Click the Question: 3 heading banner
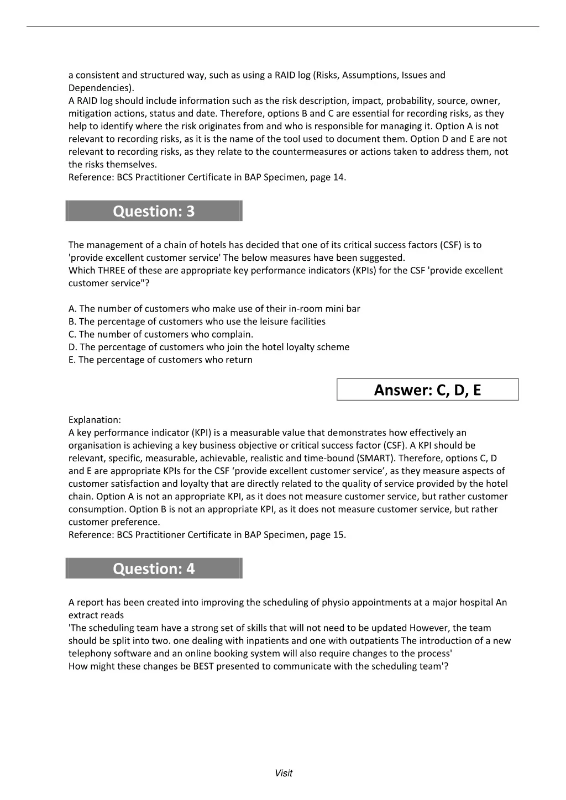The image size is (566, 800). click(154, 211)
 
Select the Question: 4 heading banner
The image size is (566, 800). click(154, 569)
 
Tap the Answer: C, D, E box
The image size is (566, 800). click(427, 390)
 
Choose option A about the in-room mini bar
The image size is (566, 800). click(214, 309)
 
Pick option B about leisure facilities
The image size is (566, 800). click(197, 322)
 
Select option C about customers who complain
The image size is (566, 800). click(161, 334)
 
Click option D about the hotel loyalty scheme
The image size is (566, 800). click(209, 347)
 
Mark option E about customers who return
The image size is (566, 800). click(160, 360)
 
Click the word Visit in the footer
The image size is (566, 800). click(284, 773)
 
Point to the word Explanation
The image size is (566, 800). click(95, 420)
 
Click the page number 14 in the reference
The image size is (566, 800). click(338, 177)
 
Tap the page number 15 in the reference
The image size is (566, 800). click(338, 535)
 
